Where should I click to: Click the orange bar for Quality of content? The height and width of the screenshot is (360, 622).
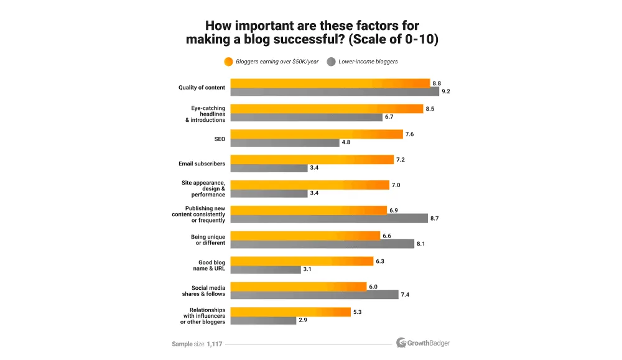point(330,83)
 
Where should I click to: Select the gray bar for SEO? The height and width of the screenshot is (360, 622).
point(285,142)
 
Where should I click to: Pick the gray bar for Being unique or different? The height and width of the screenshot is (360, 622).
point(322,244)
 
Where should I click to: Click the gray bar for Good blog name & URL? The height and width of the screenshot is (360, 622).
point(266,269)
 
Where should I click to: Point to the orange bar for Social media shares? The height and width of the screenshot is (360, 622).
point(299,287)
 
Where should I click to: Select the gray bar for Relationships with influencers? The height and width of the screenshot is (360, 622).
point(263,320)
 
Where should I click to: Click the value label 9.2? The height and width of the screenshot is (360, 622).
point(445,91)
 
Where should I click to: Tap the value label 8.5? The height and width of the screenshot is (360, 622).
point(430,109)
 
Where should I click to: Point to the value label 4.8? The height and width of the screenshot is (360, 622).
point(345,142)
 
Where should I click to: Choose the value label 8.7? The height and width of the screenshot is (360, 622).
point(434,219)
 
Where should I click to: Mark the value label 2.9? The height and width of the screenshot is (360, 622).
point(302,320)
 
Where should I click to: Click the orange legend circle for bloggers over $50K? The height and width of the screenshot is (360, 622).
point(228,62)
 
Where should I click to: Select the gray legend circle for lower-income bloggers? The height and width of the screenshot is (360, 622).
point(331,62)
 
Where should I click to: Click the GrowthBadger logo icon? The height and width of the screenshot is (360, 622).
point(401,343)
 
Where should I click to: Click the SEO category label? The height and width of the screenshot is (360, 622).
point(220,139)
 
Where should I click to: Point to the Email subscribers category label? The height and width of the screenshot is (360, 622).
point(202,164)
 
